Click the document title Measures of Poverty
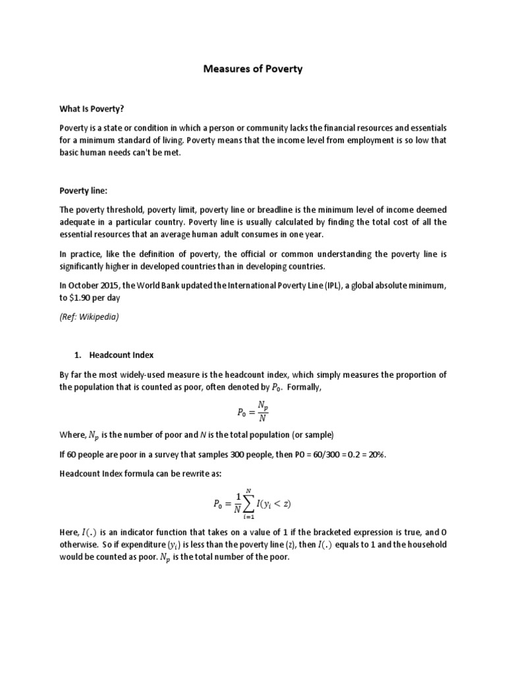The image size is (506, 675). (x=252, y=69)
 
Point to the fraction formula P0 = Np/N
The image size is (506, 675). (x=252, y=413)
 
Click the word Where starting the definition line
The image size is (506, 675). (x=72, y=434)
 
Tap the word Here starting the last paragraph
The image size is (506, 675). (x=69, y=532)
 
